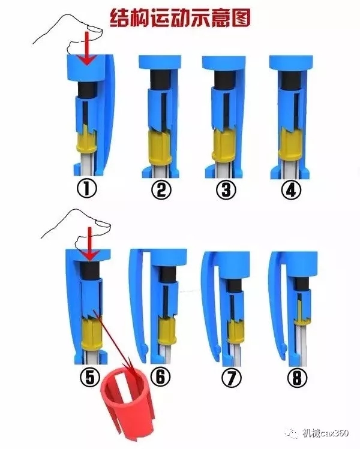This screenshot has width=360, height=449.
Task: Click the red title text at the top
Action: coord(181,18)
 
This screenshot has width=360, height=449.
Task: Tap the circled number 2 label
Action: coord(161,189)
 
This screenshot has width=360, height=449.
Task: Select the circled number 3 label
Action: coord(226,189)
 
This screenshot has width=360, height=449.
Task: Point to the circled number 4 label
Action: coord(291,189)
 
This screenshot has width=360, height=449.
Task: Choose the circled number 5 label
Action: coord(90,377)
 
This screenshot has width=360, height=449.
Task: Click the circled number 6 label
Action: coord(161,376)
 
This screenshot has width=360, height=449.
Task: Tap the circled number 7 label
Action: coord(232,378)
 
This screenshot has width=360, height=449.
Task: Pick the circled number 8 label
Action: coord(297,377)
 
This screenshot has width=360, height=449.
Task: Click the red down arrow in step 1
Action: coord(88,48)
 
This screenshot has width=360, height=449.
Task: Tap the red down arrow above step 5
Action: coord(89,244)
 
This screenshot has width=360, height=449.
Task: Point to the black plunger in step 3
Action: coord(225,78)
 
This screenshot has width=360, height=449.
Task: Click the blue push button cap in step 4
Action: coord(291,62)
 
